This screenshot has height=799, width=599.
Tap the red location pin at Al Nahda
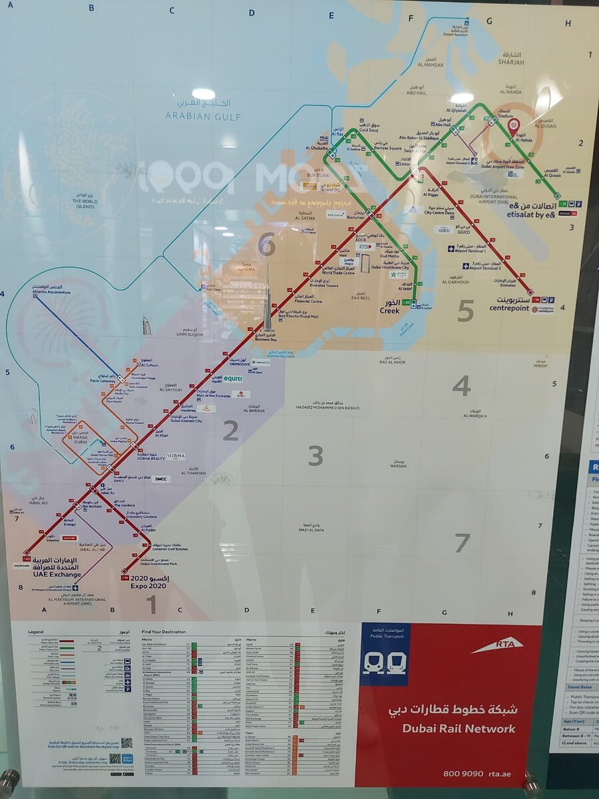[x=513, y=125]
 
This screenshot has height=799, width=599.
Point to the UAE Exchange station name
[x=57, y=574]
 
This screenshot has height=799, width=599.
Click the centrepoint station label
[x=510, y=308]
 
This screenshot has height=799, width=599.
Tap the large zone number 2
[x=230, y=431]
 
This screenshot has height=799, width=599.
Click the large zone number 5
[x=465, y=310]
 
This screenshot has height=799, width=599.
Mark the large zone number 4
[x=461, y=386]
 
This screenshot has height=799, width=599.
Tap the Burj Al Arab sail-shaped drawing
[x=147, y=326]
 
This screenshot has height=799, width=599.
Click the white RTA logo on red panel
[x=497, y=645]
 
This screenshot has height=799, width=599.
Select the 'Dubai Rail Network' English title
[x=459, y=728]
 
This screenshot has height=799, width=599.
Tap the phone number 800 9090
[x=463, y=773]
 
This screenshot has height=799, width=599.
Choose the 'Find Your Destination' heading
[x=164, y=631]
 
